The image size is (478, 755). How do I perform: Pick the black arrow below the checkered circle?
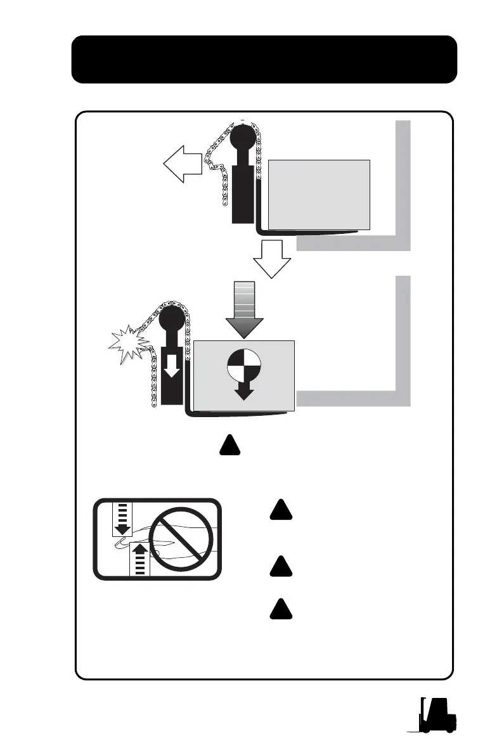click(x=244, y=390)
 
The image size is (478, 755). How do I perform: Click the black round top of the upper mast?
click(x=243, y=138)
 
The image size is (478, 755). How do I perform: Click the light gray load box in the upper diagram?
click(x=319, y=194)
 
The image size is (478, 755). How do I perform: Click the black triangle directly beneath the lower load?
click(x=229, y=446)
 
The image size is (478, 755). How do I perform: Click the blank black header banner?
click(x=264, y=60)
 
